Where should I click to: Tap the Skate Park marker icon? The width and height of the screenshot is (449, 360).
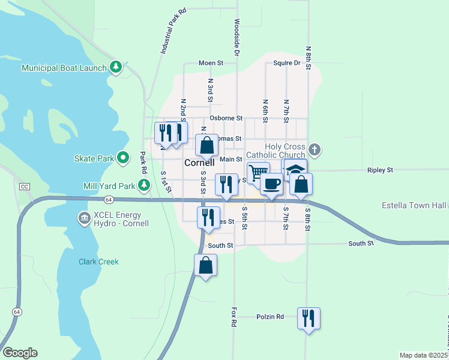click(x=123, y=158)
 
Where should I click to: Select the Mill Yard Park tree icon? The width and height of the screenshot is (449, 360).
click(x=143, y=186)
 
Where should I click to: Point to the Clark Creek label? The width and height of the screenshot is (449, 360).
click(x=98, y=262)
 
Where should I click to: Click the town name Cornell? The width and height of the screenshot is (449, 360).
click(x=199, y=163)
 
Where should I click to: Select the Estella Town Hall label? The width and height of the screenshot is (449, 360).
click(x=413, y=206)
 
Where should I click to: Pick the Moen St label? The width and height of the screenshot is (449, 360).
click(x=211, y=62)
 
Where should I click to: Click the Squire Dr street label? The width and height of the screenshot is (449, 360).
click(x=286, y=62)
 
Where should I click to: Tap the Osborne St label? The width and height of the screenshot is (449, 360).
click(x=226, y=118)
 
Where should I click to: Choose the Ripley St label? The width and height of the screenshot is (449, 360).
click(x=380, y=170)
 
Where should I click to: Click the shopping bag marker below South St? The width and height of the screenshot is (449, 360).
click(x=205, y=264)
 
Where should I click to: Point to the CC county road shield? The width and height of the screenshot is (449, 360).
click(x=24, y=187)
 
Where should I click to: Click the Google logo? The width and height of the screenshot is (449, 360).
click(x=20, y=353)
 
